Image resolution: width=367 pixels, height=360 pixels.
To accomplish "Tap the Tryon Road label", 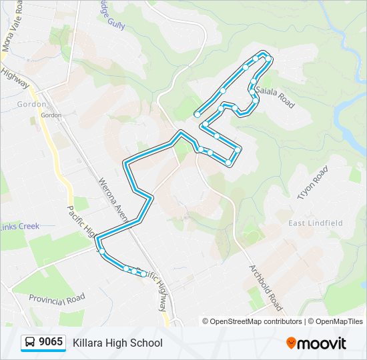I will [x=313, y=183].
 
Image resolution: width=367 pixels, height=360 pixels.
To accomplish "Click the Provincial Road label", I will [x=57, y=297].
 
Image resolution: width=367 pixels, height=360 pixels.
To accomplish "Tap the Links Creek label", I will [x=20, y=227].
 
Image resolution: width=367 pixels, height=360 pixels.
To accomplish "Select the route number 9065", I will [x=51, y=342].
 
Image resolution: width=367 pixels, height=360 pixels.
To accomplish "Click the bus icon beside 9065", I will [x=31, y=343].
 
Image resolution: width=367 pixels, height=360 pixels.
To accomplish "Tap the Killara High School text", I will [x=117, y=343].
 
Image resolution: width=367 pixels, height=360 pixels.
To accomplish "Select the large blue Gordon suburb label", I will [x=32, y=104].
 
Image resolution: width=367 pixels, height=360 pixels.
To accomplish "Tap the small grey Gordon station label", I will [x=51, y=115].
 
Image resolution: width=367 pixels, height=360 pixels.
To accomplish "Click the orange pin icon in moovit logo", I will [x=291, y=343].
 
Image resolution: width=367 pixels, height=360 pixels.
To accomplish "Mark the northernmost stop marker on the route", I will [x=264, y=57].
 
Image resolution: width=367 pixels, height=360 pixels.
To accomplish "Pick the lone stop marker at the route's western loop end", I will [x=197, y=115].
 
